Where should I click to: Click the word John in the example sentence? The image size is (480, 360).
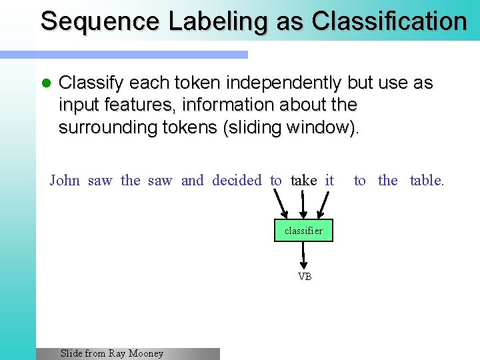(65, 180)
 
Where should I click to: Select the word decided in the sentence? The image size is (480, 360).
(237, 180)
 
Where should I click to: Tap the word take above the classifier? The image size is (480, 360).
(304, 180)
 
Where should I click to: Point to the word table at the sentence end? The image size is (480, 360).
(426, 180)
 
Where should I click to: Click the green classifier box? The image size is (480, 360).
(303, 231)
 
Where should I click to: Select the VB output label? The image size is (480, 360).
(305, 277)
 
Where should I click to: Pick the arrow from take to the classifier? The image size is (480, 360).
(304, 203)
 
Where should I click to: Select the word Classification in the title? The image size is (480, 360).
(389, 21)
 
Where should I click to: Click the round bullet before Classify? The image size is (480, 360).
(46, 84)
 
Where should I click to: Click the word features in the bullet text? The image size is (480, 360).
(128, 105)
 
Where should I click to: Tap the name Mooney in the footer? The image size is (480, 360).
(146, 353)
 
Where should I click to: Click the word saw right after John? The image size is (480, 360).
(100, 180)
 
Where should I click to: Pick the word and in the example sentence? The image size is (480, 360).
(193, 180)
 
